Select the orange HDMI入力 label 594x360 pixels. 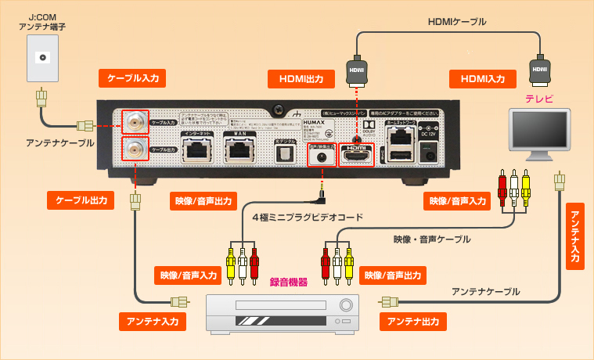[482, 78]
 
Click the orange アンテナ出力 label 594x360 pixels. [412, 321]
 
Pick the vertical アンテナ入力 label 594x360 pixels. [575, 236]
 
